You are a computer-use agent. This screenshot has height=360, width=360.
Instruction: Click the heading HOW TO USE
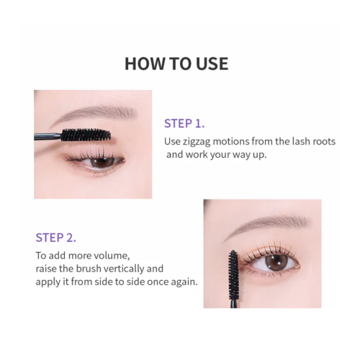[x=176, y=63]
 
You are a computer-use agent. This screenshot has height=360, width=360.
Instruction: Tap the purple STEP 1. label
[x=184, y=123]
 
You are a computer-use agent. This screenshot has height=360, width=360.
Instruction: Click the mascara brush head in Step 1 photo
[x=85, y=134]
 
